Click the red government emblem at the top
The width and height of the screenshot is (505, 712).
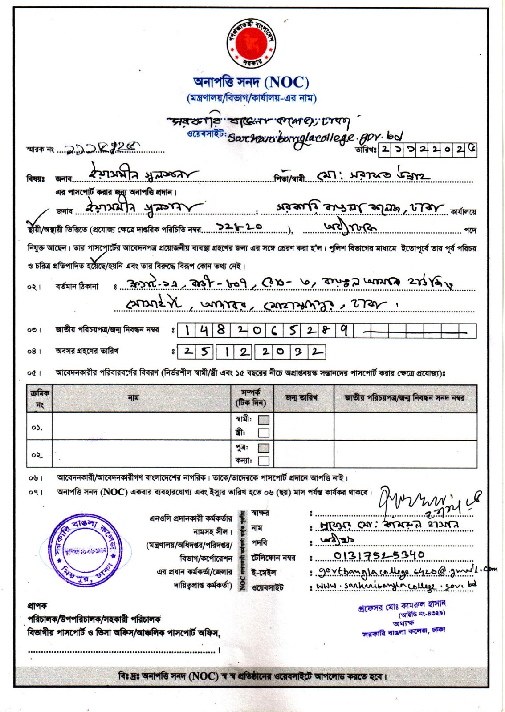[x=252, y=43]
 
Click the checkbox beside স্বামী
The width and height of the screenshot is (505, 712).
[x=264, y=420]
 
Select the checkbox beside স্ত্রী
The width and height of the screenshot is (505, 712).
[x=264, y=433]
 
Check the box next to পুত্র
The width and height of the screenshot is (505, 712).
[x=264, y=448]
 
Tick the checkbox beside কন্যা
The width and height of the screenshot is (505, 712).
[x=264, y=461]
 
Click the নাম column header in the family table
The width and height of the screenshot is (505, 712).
[x=133, y=398]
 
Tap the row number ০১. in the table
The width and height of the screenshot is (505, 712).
[x=37, y=427]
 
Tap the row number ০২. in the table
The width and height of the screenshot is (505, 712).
[x=37, y=455]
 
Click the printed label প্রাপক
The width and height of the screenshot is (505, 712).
[x=37, y=606]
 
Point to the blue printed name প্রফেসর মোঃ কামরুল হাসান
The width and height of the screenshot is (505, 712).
[x=402, y=606]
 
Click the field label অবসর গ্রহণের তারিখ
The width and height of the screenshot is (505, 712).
[x=87, y=351]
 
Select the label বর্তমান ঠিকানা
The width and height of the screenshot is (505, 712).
[x=77, y=287]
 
